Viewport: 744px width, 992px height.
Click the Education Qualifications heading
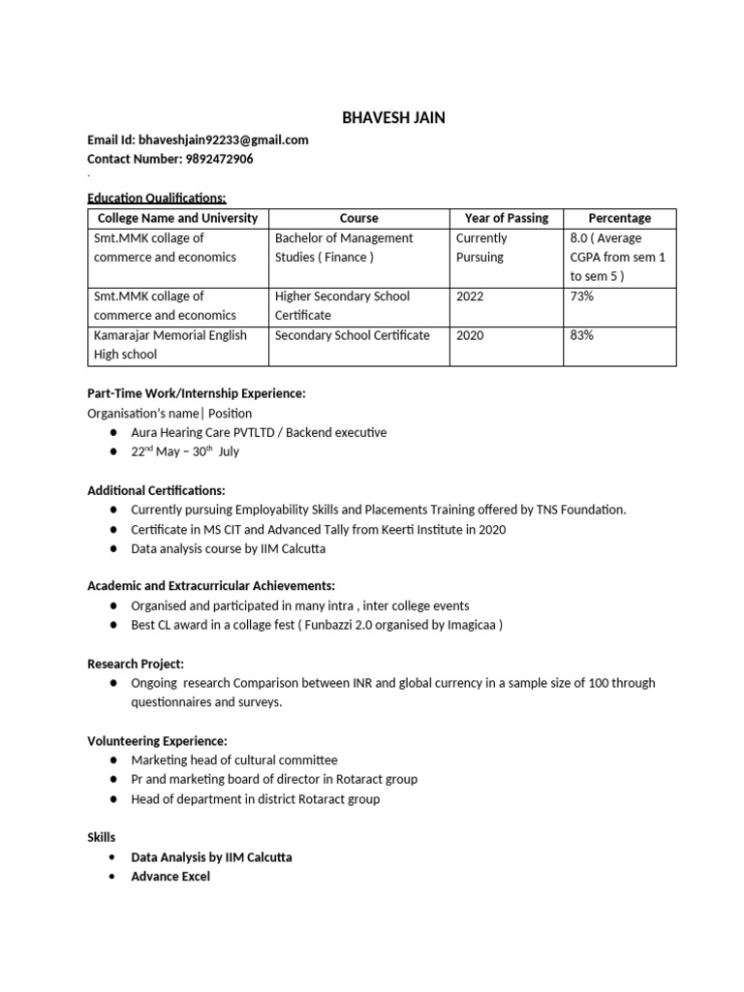(x=156, y=198)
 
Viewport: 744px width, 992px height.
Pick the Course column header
(x=359, y=218)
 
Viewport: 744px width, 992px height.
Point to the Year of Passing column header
(x=507, y=218)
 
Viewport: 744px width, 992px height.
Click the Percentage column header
(x=620, y=218)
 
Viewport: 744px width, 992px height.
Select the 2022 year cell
(x=471, y=296)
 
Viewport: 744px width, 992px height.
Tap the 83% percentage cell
(x=582, y=335)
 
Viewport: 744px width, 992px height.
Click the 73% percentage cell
(x=582, y=296)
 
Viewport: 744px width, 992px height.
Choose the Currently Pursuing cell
(x=481, y=247)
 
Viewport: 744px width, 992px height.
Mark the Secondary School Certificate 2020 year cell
(x=471, y=335)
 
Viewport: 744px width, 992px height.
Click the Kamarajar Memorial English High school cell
(x=170, y=345)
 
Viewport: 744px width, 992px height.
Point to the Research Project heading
(x=136, y=664)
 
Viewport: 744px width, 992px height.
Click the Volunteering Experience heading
(x=158, y=741)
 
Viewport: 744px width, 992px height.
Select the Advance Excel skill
(x=170, y=877)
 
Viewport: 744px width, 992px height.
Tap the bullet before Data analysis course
(x=114, y=548)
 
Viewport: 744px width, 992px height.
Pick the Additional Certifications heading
(x=156, y=491)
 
